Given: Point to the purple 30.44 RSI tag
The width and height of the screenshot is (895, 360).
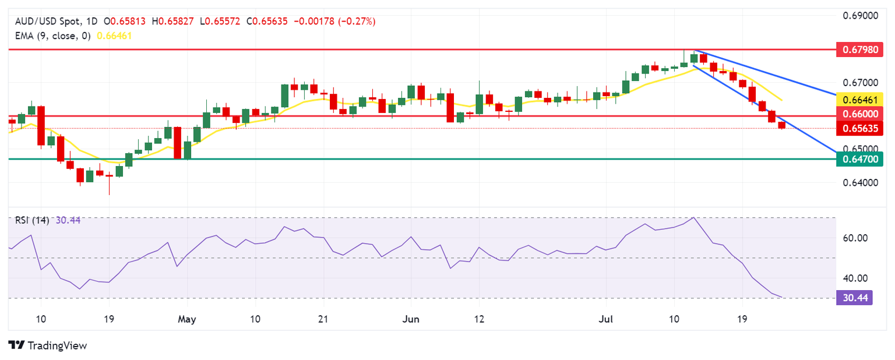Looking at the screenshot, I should pos(854,298).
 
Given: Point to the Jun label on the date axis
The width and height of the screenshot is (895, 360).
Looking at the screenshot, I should pos(411,320).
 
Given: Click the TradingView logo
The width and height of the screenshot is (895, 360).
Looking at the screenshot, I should pos(48,345).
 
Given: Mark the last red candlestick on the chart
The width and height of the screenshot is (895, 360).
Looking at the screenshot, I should pos(782,125).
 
